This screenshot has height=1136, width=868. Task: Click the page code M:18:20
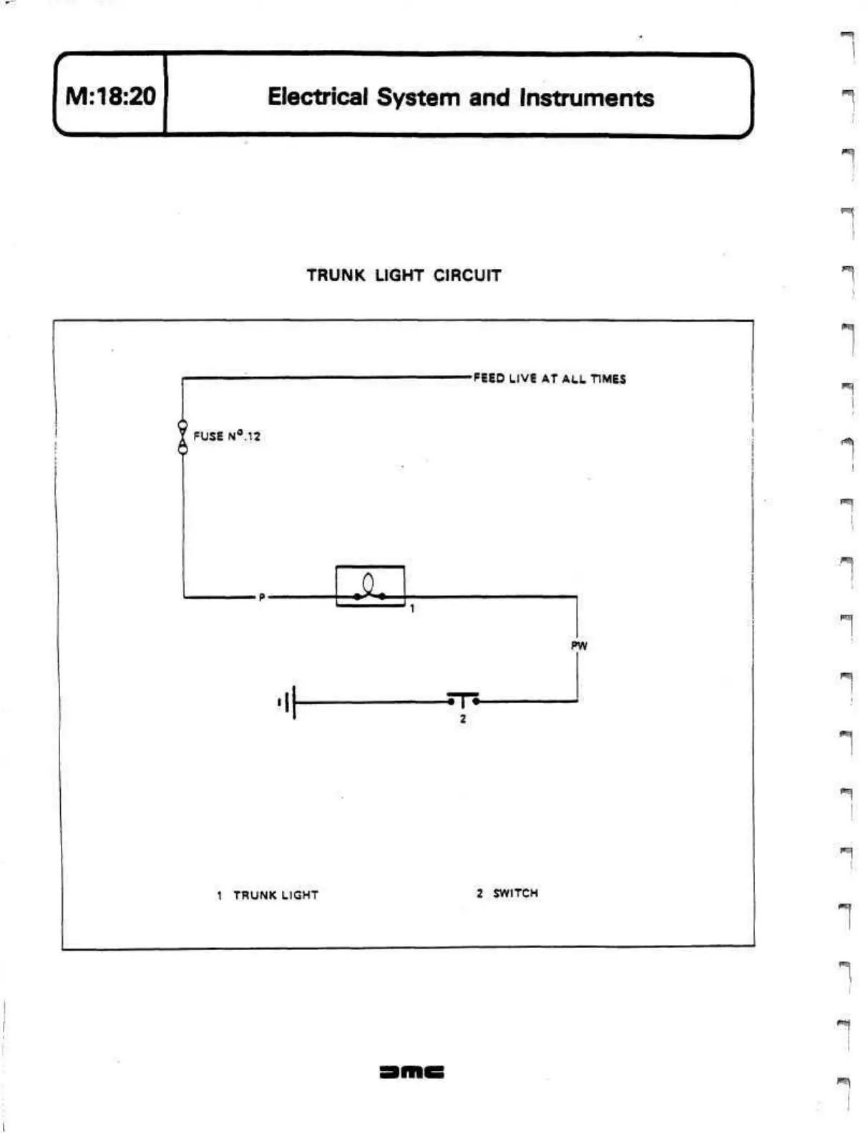110,96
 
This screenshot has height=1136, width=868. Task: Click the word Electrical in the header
318,97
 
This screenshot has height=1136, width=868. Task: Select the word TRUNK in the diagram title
336,275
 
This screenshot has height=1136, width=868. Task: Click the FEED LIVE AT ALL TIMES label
549,378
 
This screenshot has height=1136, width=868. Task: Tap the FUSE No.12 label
227,436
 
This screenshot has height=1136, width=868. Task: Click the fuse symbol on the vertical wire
182,437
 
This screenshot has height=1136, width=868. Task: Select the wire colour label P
262,597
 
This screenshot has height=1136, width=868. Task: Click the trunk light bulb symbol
370,586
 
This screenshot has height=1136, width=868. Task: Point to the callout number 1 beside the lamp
412,609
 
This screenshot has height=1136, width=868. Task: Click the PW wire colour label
578,646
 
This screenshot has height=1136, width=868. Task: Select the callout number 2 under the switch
463,719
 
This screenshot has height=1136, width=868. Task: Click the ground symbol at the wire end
287,702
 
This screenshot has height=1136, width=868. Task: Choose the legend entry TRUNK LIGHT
275,895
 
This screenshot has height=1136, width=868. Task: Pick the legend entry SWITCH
515,893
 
